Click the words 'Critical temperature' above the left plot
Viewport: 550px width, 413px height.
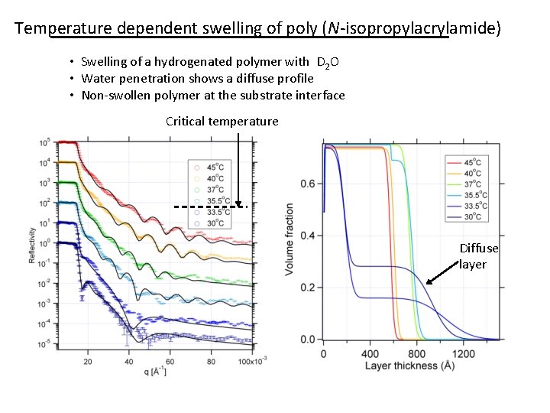pos(222,122)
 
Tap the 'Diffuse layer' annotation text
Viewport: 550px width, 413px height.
pos(478,256)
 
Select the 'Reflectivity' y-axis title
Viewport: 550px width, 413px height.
pos(32,244)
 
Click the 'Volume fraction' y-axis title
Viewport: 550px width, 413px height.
pos(290,239)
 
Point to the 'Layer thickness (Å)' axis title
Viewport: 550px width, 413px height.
pos(409,366)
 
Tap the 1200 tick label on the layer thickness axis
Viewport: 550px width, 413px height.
pos(463,354)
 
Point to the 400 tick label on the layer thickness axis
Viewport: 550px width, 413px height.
pos(370,354)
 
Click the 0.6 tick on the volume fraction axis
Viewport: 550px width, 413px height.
pos(308,184)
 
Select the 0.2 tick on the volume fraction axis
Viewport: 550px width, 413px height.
pos(308,288)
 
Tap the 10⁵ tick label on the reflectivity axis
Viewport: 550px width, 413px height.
pos(46,142)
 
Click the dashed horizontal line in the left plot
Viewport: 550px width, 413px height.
pos(208,206)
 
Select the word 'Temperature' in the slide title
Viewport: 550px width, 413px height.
pos(62,29)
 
